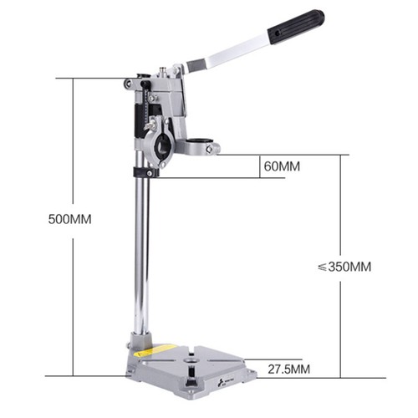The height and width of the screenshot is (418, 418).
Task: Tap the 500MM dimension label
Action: click(70, 219)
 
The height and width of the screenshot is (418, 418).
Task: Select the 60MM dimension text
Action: click(282, 166)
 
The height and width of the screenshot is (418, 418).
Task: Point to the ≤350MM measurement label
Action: click(344, 268)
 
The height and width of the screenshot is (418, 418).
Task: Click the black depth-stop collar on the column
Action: click(144, 172)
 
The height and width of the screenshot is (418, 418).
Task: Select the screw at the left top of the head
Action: click(129, 84)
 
